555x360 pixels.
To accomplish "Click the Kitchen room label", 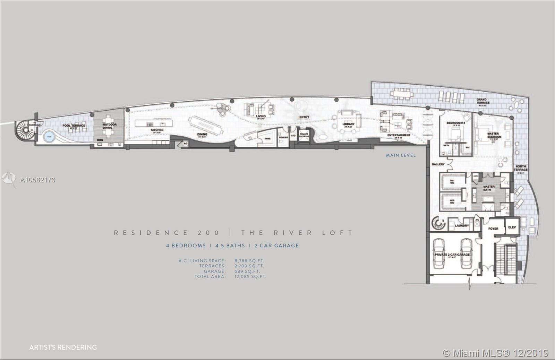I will pyautogui.click(x=157, y=130).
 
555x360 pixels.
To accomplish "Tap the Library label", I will pyautogui.click(x=349, y=124).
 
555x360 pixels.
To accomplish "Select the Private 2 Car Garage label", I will pyautogui.click(x=452, y=255).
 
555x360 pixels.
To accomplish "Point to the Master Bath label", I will pyautogui.click(x=489, y=188).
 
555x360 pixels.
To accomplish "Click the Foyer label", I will pyautogui.click(x=493, y=229).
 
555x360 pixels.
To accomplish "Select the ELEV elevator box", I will pyautogui.click(x=512, y=228).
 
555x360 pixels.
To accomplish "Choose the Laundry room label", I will pyautogui.click(x=462, y=225).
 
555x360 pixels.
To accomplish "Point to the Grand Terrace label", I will pyautogui.click(x=483, y=101).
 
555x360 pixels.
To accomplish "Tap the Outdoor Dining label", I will pyautogui.click(x=110, y=126).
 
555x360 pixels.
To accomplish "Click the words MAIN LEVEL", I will pyautogui.click(x=401, y=155).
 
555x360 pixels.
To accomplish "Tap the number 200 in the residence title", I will pyautogui.click(x=208, y=233).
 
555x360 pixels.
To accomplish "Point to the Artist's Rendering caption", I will pyautogui.click(x=63, y=347).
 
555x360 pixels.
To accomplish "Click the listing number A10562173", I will pyautogui.click(x=38, y=180).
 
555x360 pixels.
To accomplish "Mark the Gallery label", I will pyautogui.click(x=438, y=164).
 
